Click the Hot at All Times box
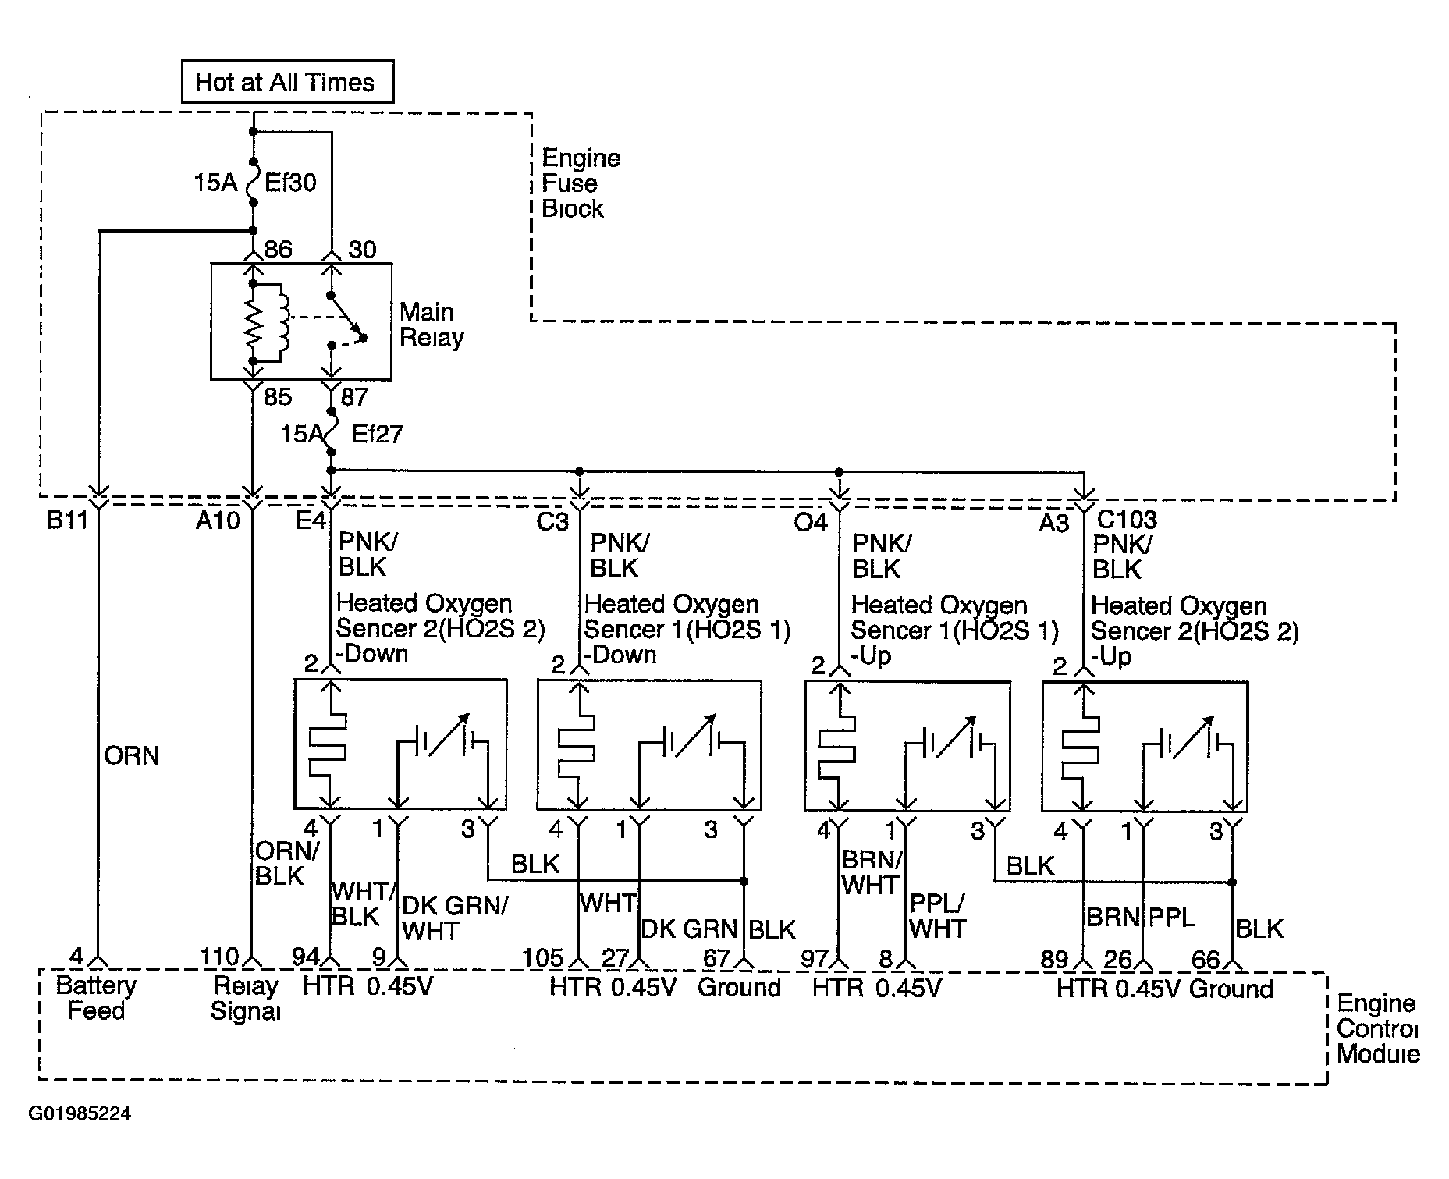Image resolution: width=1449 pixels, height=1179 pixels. coord(287,82)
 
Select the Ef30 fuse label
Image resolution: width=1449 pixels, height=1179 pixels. coord(290,183)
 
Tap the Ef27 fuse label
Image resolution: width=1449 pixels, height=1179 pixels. coord(377,434)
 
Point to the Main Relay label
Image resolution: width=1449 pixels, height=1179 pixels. coord(432,325)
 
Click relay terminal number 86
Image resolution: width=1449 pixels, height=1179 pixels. coord(278,250)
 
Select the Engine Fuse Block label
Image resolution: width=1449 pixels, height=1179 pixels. coord(581,183)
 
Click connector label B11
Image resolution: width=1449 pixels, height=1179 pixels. coord(67,520)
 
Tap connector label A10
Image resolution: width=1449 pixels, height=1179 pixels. coord(218,520)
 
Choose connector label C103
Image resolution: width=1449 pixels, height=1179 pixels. coord(1127,519)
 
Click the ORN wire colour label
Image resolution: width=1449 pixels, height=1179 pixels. coord(131,755)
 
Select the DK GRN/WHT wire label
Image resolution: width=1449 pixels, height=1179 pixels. coord(454,918)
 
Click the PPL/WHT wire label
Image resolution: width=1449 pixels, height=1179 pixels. coord(937,916)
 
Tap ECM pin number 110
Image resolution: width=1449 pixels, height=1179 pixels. coord(219,957)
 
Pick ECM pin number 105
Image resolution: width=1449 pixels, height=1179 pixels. coord(542,957)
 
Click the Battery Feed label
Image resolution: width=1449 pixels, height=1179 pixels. coord(96,998)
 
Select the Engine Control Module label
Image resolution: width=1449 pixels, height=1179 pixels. coord(1378,1028)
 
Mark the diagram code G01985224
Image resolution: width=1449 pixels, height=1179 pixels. coord(80,1113)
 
